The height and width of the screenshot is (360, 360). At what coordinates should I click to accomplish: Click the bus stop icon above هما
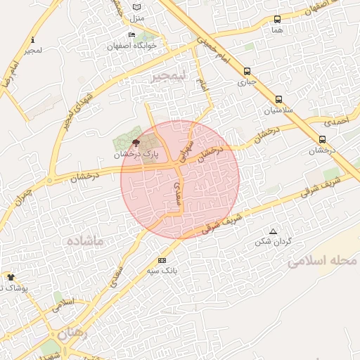[x=277, y=20]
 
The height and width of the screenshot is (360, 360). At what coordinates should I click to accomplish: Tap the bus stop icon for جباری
[x=247, y=71]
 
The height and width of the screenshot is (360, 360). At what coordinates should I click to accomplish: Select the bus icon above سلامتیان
[x=279, y=99]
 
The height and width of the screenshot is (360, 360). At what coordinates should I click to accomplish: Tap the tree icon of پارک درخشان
[x=136, y=142]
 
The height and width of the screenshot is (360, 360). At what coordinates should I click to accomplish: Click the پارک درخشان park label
[x=134, y=153]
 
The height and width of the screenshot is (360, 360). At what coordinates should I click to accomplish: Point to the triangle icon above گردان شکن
[x=274, y=231]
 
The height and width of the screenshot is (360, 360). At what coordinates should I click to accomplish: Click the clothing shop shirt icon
[x=10, y=277]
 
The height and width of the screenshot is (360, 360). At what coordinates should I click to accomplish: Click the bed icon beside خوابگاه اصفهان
[x=131, y=35]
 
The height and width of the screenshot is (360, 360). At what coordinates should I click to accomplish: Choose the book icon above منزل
[x=136, y=7]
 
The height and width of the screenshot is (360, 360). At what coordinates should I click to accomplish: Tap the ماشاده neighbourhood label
[x=85, y=240]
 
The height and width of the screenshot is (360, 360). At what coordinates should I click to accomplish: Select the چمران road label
[x=23, y=193]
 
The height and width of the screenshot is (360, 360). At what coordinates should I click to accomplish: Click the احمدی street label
[x=341, y=122]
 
